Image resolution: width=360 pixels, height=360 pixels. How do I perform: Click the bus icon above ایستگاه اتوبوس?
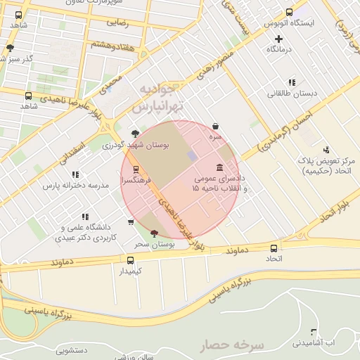(x=290, y=12)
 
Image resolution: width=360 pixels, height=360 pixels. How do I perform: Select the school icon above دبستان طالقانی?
(x=291, y=82)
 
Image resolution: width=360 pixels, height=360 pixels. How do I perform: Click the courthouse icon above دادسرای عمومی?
(x=221, y=167)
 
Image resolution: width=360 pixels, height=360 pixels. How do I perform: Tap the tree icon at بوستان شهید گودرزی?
(x=135, y=133)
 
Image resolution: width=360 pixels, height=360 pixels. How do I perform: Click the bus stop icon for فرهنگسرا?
(x=136, y=169)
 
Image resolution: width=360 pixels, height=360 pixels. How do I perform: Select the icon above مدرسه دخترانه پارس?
(x=75, y=174)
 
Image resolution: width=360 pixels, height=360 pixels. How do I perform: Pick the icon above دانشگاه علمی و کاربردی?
(x=84, y=217)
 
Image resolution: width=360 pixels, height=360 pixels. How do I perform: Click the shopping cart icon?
(x=131, y=223)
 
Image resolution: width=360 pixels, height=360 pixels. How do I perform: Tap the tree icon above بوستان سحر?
(x=154, y=233)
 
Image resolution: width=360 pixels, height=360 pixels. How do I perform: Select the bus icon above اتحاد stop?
(x=274, y=248)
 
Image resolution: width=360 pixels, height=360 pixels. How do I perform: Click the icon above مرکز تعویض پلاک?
(x=326, y=150)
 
